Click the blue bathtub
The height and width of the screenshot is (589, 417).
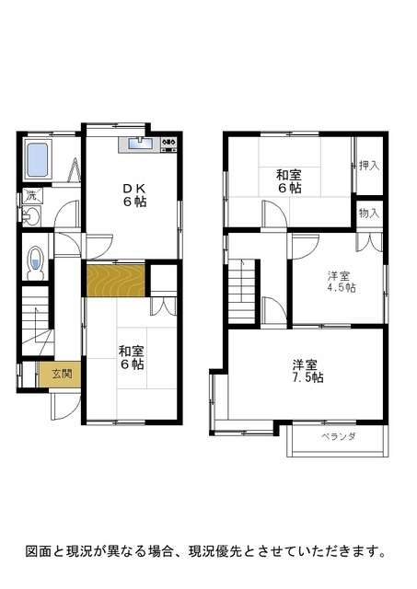pos(38,160)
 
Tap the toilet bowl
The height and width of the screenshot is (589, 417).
pos(36,262)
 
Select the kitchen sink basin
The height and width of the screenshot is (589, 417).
pos(141,144)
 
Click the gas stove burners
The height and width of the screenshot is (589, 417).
pos(168,143)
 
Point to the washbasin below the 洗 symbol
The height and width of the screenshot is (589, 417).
pos(30,216)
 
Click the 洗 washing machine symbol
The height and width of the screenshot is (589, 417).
pos(31,195)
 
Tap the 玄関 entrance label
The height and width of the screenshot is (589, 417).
pos(62,374)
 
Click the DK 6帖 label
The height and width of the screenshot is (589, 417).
pos(133,195)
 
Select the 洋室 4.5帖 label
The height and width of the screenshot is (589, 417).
pos(342,282)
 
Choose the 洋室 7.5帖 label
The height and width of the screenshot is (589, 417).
pos(307,371)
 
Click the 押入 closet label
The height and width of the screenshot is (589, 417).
pos(369,166)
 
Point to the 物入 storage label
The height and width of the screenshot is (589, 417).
pos(369,214)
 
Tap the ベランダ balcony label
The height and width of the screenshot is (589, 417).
pos(338,436)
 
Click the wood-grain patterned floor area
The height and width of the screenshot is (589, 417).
pos(116,281)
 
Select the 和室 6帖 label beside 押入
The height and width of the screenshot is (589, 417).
pos(289,181)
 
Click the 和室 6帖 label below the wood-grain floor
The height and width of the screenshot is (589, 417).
pos(131,358)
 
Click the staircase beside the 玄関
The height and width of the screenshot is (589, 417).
pos(37,320)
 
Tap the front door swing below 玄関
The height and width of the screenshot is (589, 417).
pos(64,407)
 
